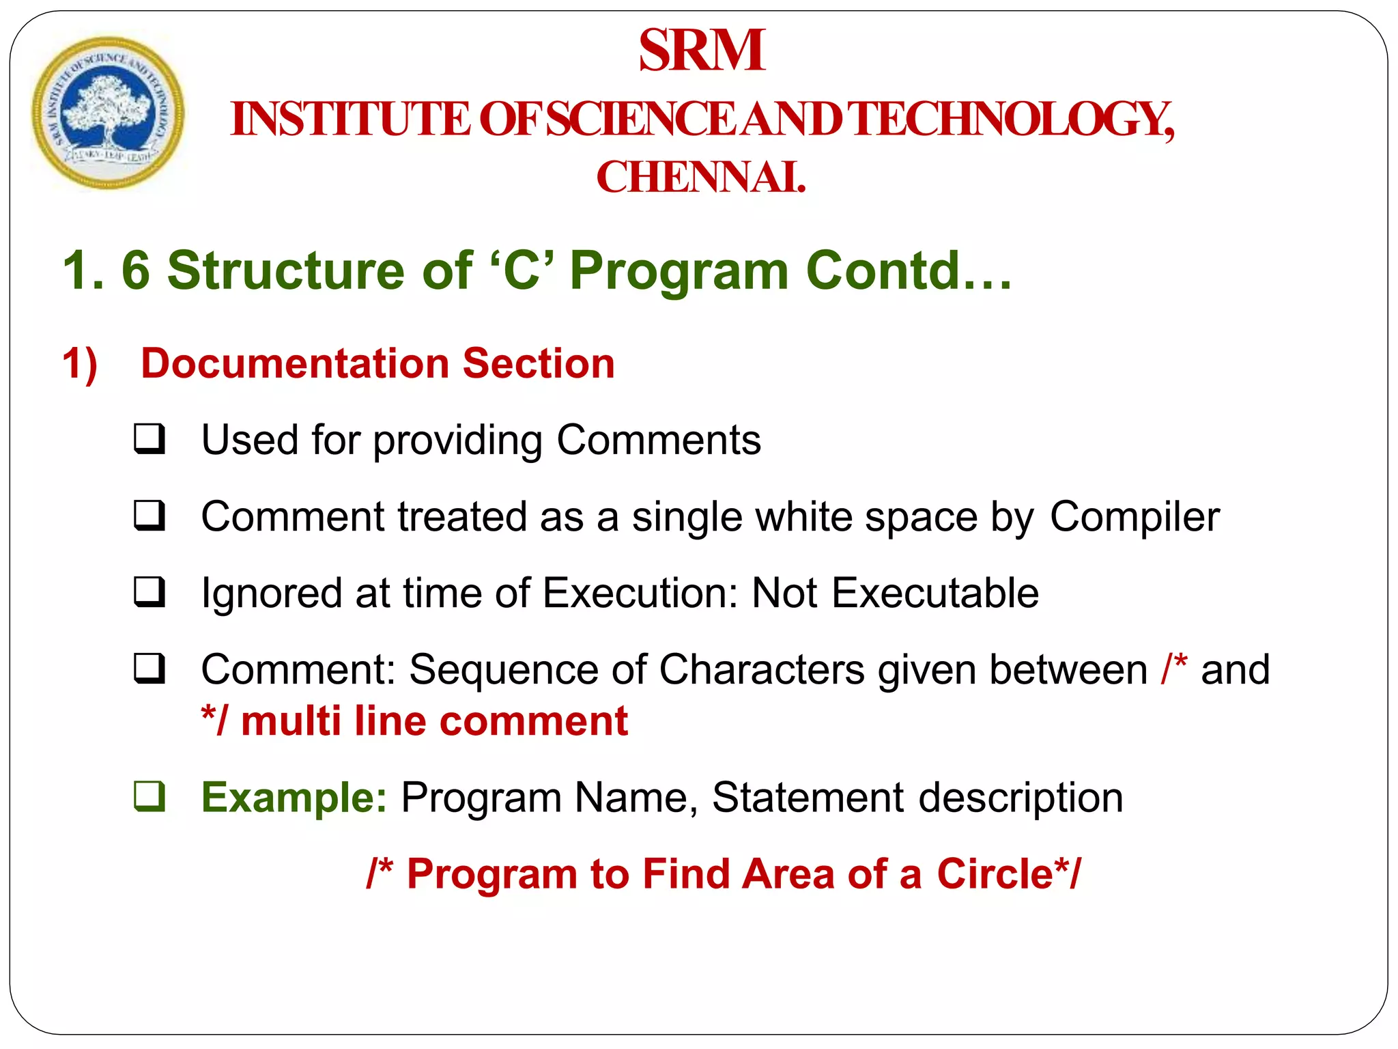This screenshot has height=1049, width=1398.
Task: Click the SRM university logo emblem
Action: (x=108, y=113)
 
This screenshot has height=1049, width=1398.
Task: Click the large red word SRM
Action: (x=701, y=51)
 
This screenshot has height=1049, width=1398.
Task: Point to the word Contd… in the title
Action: (x=909, y=270)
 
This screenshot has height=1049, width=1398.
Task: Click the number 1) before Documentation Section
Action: (x=80, y=363)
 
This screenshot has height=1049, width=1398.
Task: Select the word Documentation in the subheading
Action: (x=294, y=363)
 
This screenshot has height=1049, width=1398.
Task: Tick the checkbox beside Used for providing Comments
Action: (x=149, y=439)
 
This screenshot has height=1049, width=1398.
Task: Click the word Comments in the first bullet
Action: (x=658, y=440)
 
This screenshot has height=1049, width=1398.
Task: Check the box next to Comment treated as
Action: (x=149, y=516)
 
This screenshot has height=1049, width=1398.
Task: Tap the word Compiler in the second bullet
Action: (x=1134, y=517)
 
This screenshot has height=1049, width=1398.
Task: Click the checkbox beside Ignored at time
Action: (x=149, y=592)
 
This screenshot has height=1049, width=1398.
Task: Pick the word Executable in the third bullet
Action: (x=935, y=593)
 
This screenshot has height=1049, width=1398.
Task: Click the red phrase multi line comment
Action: (x=434, y=721)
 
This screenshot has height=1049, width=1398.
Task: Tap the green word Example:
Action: (x=294, y=798)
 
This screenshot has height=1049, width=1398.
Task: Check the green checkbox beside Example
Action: (x=149, y=796)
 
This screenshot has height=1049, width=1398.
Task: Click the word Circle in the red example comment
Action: (x=995, y=874)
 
